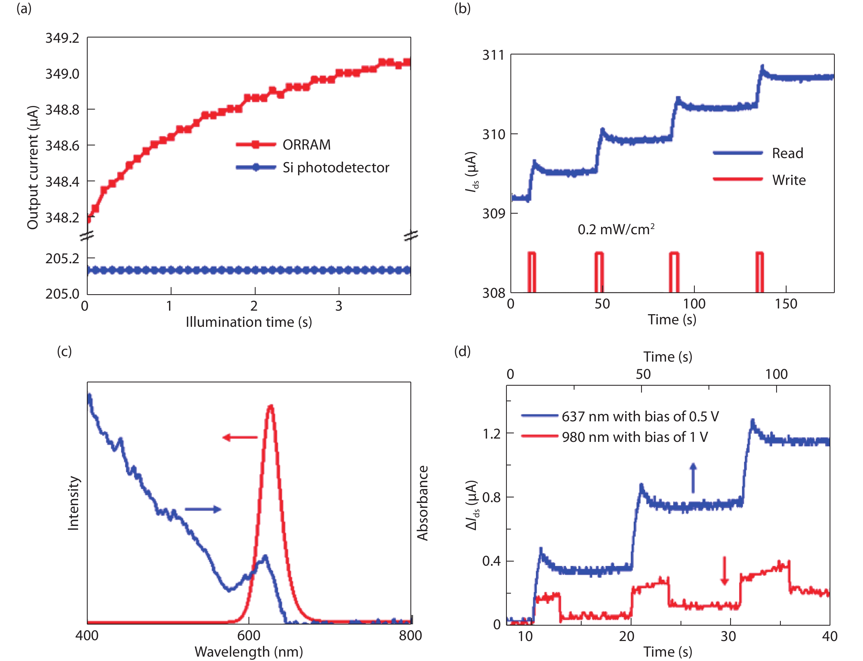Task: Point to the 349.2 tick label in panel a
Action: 62,38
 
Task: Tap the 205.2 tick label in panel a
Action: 62,259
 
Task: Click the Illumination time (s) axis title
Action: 249,322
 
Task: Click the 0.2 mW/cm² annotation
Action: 616,229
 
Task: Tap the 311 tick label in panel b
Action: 493,55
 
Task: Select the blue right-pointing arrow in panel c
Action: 203,509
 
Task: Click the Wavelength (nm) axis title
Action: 249,652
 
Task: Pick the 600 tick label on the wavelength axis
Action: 249,636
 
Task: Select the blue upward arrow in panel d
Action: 693,478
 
